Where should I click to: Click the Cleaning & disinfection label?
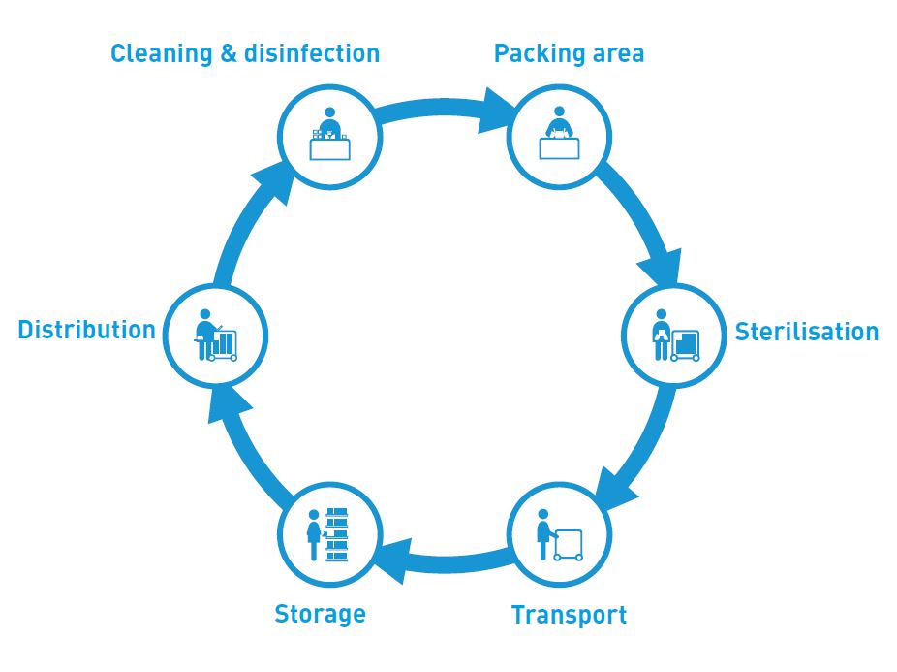[x=244, y=52]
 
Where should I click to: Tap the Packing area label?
[x=569, y=52]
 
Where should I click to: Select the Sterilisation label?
[x=806, y=332]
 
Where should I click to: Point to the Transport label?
[x=569, y=615]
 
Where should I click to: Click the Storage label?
[x=320, y=614]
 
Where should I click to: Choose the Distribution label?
[x=86, y=330]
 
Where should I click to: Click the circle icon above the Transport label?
[x=559, y=533]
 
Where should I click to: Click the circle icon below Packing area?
[x=559, y=136]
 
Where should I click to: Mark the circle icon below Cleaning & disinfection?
[x=329, y=137]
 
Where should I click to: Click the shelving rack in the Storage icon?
[x=336, y=533]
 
